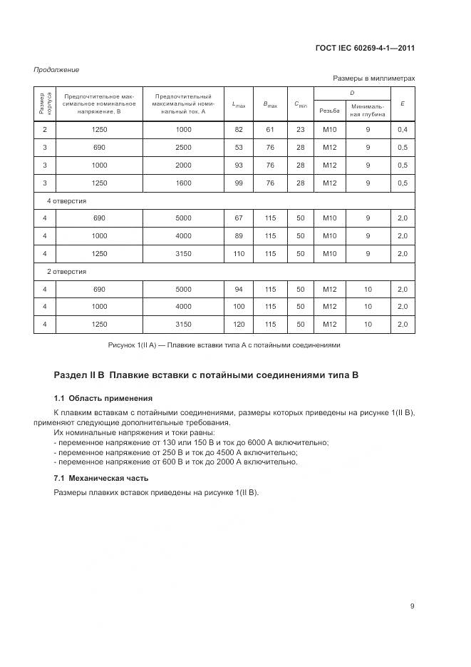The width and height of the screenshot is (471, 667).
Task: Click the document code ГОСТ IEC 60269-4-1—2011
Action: [365, 49]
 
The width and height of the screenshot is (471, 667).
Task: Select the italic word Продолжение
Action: [56, 69]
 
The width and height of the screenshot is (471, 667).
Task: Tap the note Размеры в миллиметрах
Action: [373, 78]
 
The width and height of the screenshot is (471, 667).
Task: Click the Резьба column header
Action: [329, 111]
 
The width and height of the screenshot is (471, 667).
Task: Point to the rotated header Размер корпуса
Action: [44, 104]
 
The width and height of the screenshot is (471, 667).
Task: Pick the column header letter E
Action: [403, 104]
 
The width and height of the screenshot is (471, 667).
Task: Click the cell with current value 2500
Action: [183, 147]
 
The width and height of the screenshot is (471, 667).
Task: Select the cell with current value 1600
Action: [183, 183]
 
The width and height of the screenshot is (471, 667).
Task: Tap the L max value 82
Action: [239, 129]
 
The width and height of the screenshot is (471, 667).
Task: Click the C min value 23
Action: [300, 129]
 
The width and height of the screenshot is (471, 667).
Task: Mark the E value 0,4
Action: [403, 129]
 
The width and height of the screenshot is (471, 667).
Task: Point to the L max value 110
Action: [239, 253]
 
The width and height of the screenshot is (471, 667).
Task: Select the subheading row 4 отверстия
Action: [67, 200]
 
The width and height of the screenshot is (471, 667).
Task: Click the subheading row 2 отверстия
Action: [67, 271]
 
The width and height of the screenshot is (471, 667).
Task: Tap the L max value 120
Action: [239, 325]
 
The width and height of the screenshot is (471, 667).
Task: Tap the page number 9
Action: [412, 606]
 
